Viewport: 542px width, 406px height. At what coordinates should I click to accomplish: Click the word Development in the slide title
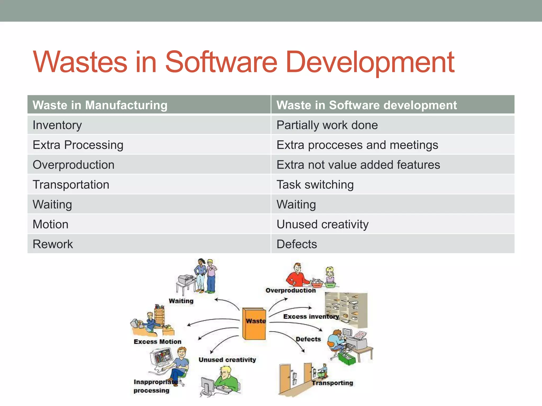(x=370, y=62)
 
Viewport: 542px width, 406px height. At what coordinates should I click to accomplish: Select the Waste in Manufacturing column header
(x=100, y=105)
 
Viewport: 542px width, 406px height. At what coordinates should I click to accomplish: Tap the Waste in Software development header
(x=367, y=105)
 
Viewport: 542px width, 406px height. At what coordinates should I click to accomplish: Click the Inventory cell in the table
(x=57, y=125)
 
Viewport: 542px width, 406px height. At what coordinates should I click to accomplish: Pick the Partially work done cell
(x=327, y=125)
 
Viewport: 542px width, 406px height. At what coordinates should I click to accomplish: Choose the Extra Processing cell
(x=78, y=145)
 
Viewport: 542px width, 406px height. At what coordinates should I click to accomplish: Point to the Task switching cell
(x=315, y=184)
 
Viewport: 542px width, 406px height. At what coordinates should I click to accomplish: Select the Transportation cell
(x=71, y=184)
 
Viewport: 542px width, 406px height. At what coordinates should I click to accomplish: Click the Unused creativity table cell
(x=322, y=224)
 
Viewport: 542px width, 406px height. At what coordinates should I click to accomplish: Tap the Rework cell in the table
(x=53, y=244)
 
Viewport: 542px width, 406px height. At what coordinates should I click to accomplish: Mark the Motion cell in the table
(x=51, y=224)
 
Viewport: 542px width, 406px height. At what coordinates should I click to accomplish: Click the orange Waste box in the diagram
(x=254, y=324)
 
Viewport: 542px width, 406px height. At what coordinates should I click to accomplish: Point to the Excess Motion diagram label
(x=157, y=342)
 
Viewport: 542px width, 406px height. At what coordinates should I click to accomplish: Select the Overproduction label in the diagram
(x=291, y=290)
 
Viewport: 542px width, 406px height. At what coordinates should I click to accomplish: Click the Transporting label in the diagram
(x=332, y=383)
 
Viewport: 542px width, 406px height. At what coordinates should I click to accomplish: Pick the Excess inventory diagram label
(x=311, y=316)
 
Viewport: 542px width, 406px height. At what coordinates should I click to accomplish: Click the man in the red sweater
(x=297, y=276)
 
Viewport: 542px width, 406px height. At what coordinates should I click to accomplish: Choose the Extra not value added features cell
(x=358, y=165)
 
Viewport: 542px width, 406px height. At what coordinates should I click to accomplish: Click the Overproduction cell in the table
(x=74, y=165)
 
